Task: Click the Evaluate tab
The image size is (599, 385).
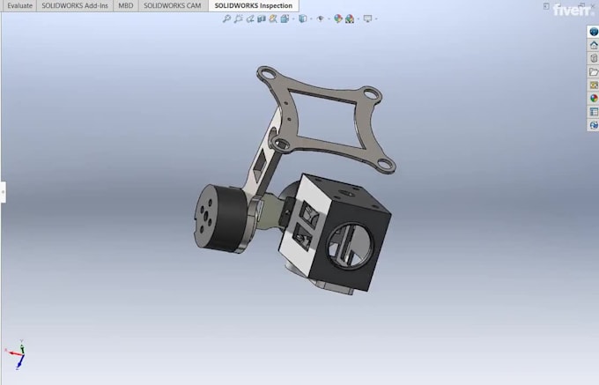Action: (x=19, y=5)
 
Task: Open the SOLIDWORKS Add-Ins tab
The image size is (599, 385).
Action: (x=75, y=5)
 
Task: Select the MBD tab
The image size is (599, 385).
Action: (x=126, y=5)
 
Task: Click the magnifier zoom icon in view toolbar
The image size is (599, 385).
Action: (x=227, y=19)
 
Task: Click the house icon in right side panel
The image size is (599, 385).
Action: (x=594, y=45)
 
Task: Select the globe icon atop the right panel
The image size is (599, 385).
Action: (x=594, y=32)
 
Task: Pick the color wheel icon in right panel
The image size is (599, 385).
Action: (x=594, y=99)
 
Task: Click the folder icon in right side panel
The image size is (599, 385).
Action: (x=594, y=71)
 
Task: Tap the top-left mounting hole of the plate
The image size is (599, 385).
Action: (x=263, y=71)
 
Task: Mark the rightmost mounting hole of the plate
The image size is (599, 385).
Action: (x=384, y=161)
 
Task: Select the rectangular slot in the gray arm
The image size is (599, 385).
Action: (x=260, y=164)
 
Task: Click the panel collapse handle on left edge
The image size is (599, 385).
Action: (x=3, y=191)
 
